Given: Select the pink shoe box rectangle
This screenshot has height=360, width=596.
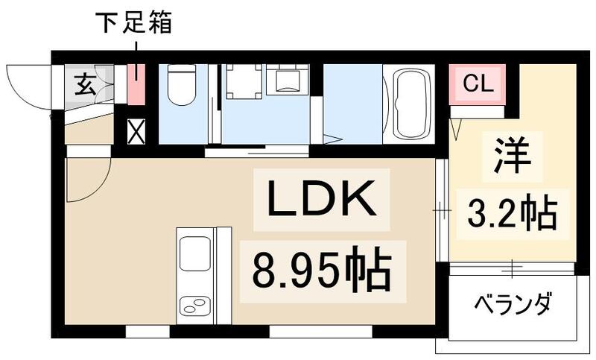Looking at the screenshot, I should pyautogui.click(x=136, y=84).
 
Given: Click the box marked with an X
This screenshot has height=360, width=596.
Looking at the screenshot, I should pyautogui.click(x=136, y=133).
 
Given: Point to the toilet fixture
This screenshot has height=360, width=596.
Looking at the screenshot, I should pyautogui.click(x=180, y=86).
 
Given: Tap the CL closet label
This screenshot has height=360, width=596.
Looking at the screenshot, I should pyautogui.click(x=477, y=83).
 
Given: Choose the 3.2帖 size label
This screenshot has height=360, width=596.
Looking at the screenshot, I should pyautogui.click(x=513, y=212).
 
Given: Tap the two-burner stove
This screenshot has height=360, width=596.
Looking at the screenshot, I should pyautogui.click(x=195, y=306).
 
